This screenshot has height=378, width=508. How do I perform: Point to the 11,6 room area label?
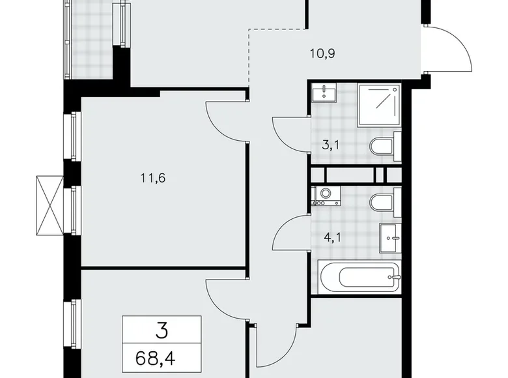click(151, 177)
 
